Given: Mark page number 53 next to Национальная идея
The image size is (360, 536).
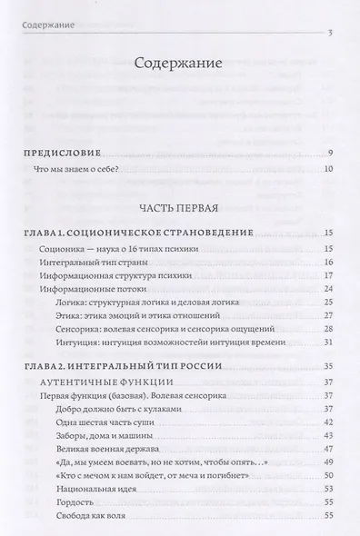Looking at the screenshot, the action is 330,490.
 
